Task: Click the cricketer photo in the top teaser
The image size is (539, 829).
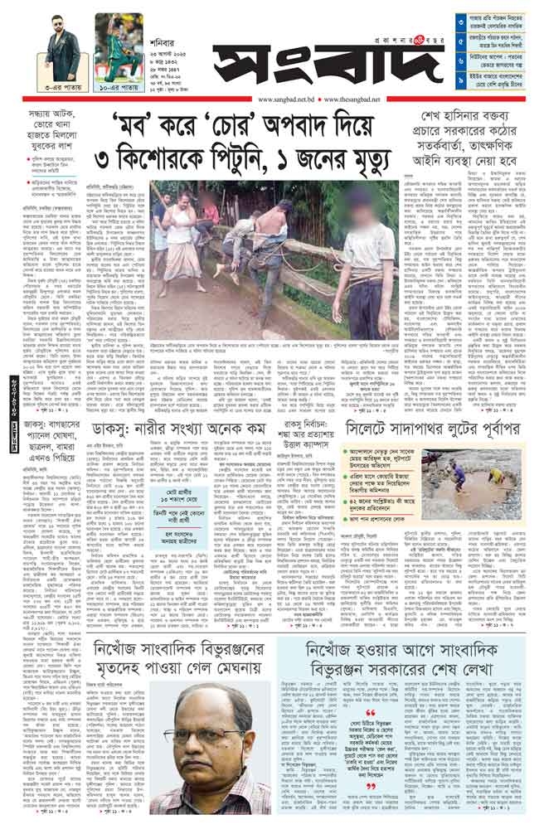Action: click(118, 41)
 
